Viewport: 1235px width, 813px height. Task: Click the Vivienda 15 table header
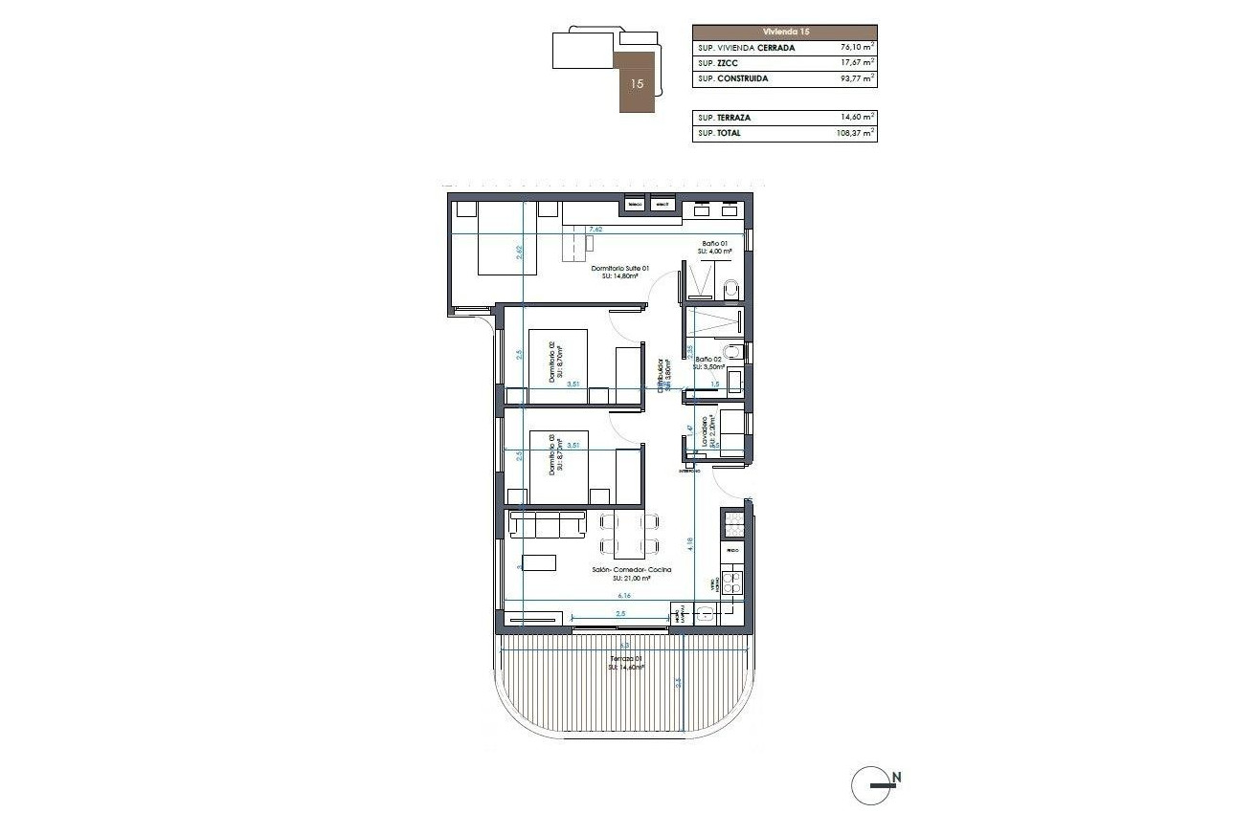784,32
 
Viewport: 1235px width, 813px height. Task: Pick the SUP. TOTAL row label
719,134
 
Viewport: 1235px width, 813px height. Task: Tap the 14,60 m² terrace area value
856,118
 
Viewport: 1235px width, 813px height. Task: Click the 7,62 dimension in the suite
595,230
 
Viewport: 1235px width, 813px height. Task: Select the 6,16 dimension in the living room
623,595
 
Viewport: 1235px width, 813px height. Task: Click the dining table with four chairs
629,535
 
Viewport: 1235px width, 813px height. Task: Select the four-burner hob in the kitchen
731,581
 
